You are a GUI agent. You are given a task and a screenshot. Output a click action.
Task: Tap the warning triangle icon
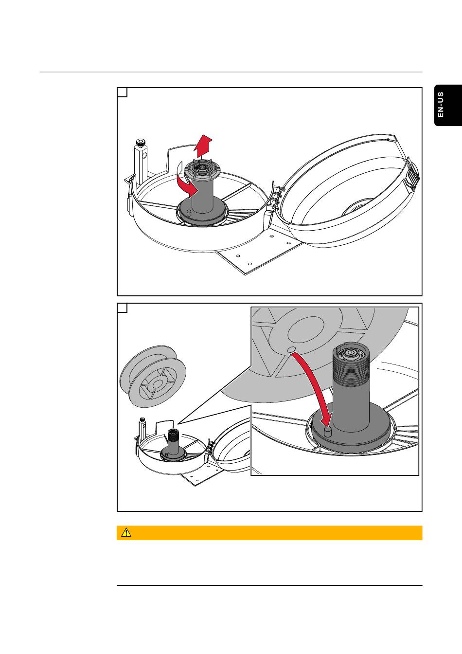point(127,533)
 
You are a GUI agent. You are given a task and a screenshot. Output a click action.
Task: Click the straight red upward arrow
point(202,144)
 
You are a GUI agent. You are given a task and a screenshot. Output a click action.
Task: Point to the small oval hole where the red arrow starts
point(290,349)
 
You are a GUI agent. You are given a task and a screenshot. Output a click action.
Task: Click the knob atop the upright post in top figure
point(140,143)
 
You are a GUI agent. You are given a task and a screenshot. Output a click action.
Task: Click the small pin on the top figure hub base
point(187,213)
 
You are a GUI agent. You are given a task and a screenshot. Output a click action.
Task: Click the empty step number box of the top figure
point(123,92)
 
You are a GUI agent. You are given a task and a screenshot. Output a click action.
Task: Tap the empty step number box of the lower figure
point(123,308)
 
